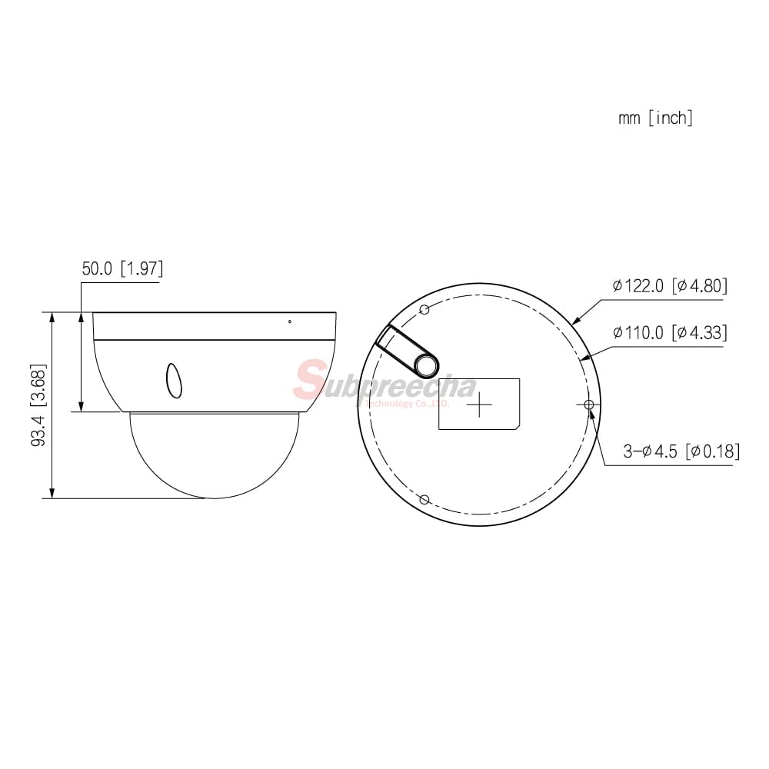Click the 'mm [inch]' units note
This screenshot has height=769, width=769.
tap(655, 118)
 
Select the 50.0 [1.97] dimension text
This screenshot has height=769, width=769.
tap(122, 268)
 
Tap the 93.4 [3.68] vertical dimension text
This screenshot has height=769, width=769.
tap(38, 405)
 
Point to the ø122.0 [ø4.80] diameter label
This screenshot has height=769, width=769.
tap(670, 285)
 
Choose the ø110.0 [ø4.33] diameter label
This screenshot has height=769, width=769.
tap(670, 332)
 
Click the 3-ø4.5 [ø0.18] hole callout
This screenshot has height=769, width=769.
tap(681, 451)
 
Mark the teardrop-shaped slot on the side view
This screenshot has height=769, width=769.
tap(174, 381)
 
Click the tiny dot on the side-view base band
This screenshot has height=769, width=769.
tap(290, 321)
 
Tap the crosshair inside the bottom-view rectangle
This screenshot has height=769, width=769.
tap(479, 404)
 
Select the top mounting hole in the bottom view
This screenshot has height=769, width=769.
tap(425, 309)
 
